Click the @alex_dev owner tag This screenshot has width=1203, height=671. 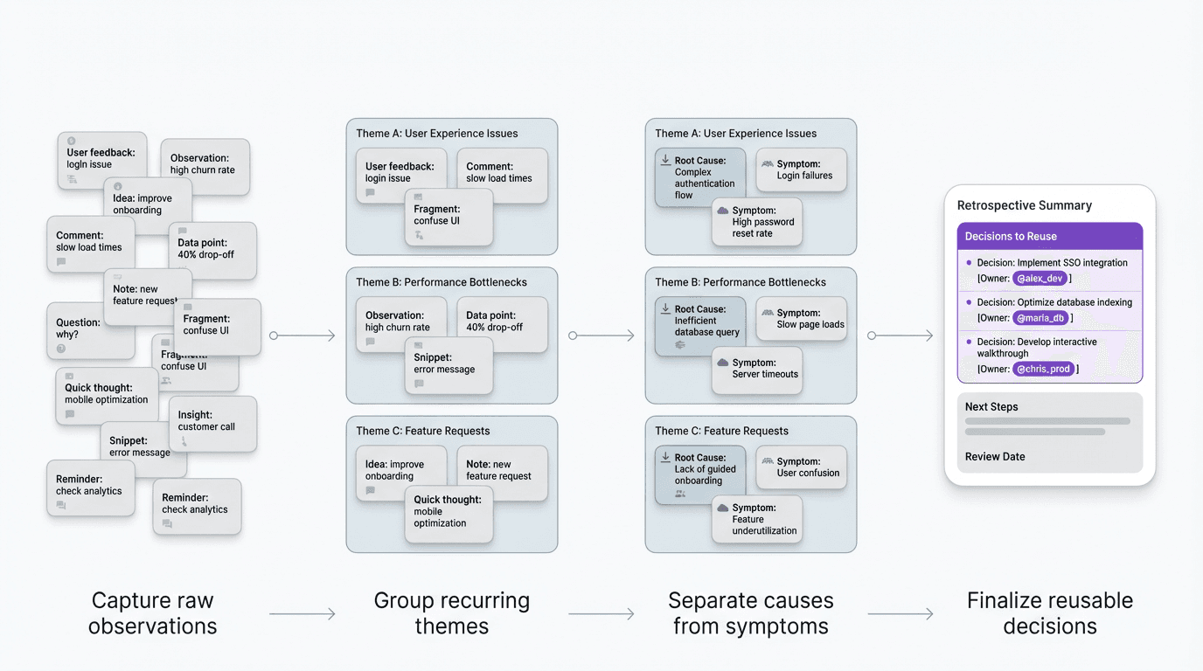tap(1040, 279)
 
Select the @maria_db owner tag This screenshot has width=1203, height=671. tap(1040, 318)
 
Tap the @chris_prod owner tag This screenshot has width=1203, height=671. tap(1043, 370)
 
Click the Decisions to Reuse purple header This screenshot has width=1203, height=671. tap(1049, 236)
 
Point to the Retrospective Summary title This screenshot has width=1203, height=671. tap(1024, 205)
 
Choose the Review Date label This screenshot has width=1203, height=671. tap(995, 456)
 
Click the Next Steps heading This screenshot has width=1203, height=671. tap(991, 406)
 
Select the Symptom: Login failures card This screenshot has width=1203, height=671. tap(801, 169)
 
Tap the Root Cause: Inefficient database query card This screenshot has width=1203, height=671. tap(699, 325)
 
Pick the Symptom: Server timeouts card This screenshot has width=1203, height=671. tap(757, 369)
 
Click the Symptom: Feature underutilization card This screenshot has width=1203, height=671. tap(757, 519)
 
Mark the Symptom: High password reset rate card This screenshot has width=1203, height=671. tap(757, 222)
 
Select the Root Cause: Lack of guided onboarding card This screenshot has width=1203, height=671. tap(699, 474)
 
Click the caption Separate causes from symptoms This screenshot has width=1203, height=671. tap(750, 613)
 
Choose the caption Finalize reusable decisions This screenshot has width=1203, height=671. tap(1049, 613)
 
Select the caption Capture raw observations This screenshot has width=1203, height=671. tap(152, 613)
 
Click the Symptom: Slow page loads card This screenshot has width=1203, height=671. tap(801, 319)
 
